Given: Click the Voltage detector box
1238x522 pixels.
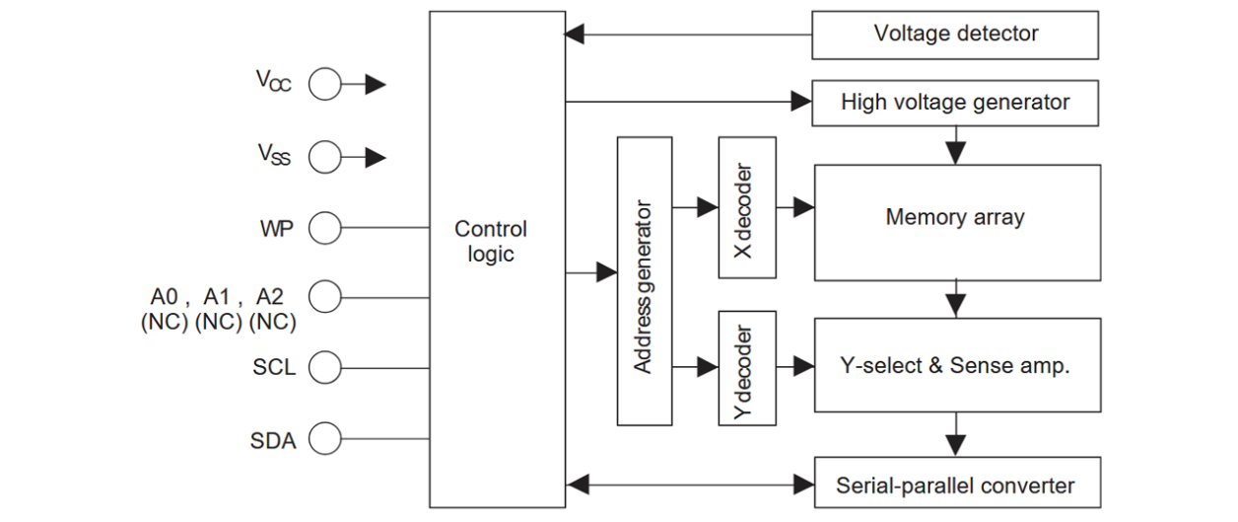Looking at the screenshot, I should [x=954, y=35].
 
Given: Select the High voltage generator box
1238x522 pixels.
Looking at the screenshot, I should [x=954, y=102].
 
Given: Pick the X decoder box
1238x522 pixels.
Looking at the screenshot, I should [x=746, y=207].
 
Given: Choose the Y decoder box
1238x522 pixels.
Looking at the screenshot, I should [x=746, y=367].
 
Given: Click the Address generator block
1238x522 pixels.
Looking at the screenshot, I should [x=644, y=280].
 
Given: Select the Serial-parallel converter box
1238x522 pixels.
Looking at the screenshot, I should [x=954, y=484].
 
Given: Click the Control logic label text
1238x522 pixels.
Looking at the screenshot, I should [x=491, y=242].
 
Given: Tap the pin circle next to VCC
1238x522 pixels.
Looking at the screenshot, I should [x=324, y=85].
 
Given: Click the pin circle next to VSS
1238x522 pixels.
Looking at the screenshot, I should [x=324, y=156].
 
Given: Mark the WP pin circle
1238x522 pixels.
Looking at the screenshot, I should [x=324, y=229].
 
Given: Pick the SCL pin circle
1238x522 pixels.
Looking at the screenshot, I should [x=324, y=369].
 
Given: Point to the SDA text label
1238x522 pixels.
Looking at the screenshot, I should [x=272, y=441].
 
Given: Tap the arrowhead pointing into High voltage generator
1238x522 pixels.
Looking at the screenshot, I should [x=801, y=101].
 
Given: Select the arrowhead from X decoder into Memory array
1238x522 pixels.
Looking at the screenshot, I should [x=803, y=207].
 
